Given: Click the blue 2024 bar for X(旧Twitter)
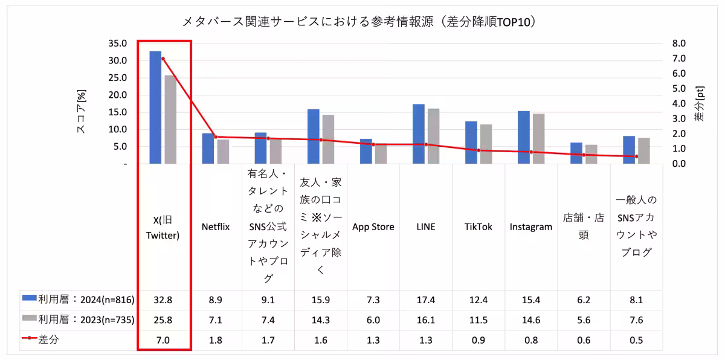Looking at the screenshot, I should point(155,108).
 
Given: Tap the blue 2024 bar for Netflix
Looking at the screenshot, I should point(208,148).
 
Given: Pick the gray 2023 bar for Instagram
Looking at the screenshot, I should point(538,138).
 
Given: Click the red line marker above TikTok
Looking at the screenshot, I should point(478,150).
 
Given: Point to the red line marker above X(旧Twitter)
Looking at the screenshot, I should point(163,59).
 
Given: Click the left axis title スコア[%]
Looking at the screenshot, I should point(81,111).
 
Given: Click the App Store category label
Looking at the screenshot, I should point(373,227).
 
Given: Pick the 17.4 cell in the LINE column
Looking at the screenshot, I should point(426,300).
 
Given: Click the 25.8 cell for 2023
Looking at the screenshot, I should point(163,320).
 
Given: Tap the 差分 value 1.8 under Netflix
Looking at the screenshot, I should point(216,340).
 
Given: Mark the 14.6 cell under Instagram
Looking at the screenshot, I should point(531,320).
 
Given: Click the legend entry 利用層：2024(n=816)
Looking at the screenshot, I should point(78,300).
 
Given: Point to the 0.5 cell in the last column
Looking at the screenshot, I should point(636,340).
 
